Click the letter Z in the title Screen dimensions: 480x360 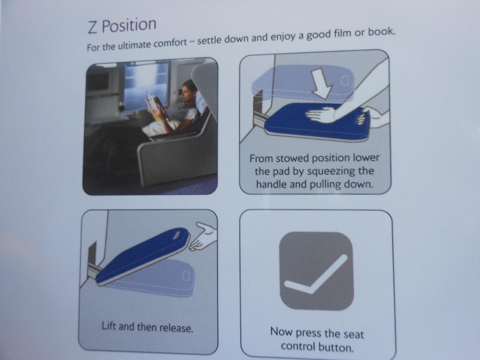tap(93, 27)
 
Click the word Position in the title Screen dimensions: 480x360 tap(129, 25)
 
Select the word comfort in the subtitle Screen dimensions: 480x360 tap(170, 43)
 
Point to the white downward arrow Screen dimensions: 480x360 tap(321, 83)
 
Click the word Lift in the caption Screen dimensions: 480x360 tap(109, 326)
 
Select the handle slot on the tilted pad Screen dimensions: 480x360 tap(177, 235)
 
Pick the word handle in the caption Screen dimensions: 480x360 tap(270, 184)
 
